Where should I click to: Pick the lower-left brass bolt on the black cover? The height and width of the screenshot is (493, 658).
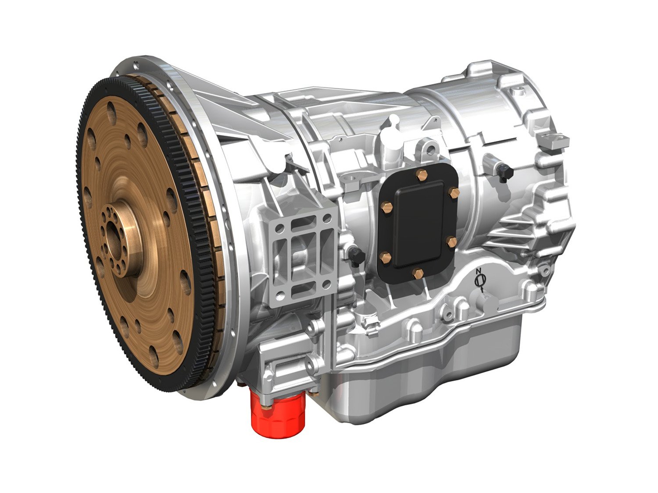(x=386, y=258)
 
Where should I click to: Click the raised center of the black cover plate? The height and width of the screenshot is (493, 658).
(x=419, y=226)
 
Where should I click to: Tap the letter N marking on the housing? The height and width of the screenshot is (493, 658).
(x=479, y=270)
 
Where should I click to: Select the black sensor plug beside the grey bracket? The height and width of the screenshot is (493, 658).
(x=356, y=257)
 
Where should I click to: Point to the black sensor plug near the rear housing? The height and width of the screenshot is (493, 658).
(x=503, y=172)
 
